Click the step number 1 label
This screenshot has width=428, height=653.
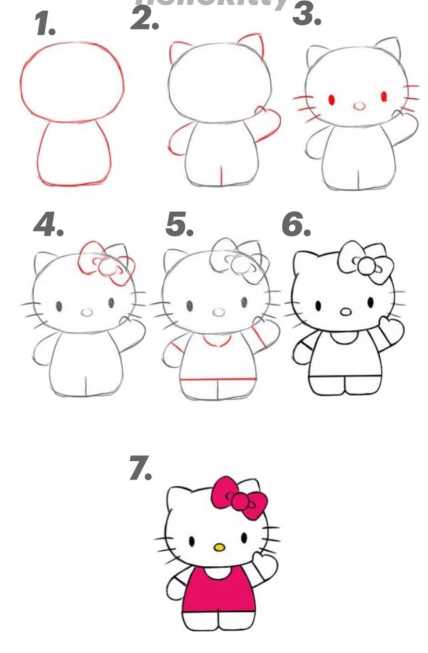coord(45,24)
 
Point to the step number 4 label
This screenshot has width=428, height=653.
coord(48,225)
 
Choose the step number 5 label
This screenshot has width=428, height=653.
coord(179,225)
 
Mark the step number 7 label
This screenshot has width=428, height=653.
coord(140,469)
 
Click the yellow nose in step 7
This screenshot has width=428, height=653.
coord(219,547)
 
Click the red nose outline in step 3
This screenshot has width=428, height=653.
coord(360,106)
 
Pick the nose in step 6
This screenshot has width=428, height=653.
coord(345,312)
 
